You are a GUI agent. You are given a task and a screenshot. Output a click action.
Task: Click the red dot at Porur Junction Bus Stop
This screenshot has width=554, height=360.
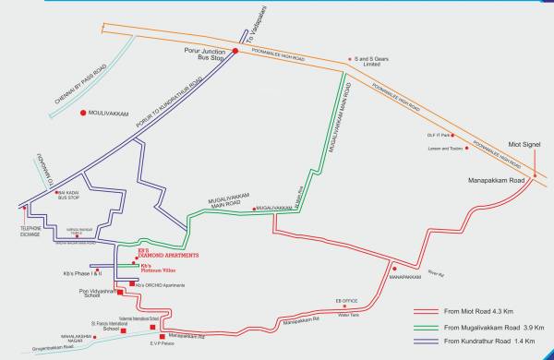pyautogui.click(x=235, y=52)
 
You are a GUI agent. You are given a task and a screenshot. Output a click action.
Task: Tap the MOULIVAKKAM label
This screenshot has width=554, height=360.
pyautogui.click(x=114, y=114)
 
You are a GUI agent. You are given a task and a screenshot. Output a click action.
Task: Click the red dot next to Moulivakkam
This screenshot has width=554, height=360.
pyautogui.click(x=82, y=114)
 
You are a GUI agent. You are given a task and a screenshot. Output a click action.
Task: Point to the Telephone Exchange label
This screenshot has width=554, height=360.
pyautogui.click(x=31, y=233)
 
